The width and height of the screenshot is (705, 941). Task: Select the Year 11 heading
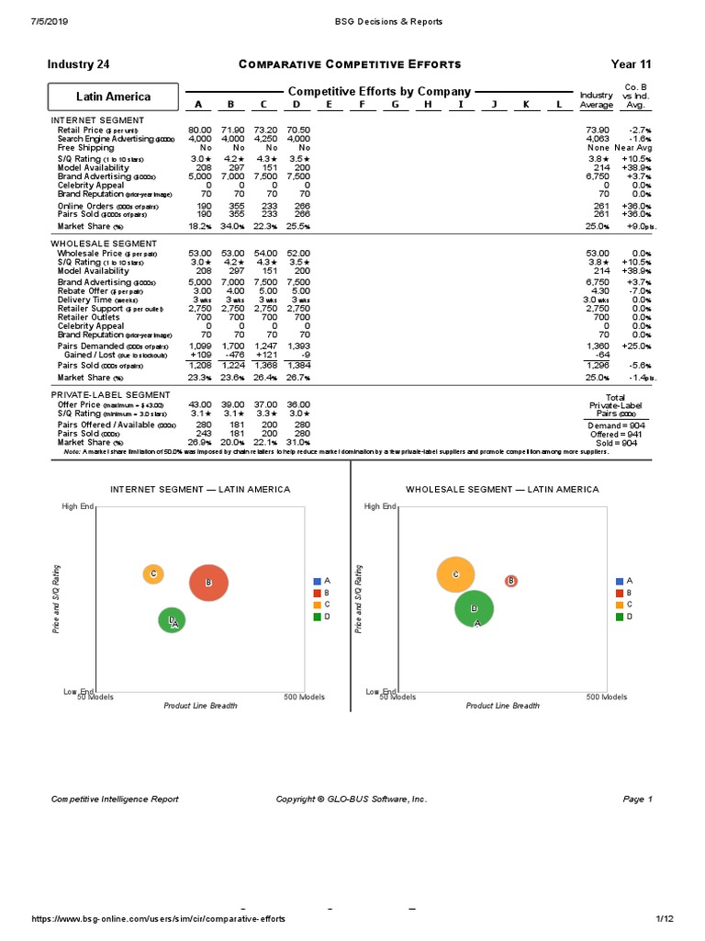631,64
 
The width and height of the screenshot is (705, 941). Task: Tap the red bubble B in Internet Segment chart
208,583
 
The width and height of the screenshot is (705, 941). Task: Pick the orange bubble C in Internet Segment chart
153,574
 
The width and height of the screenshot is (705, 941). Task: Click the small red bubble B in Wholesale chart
511,581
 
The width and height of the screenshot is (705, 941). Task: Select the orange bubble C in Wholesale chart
455,574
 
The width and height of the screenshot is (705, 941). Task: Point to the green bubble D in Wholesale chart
474,608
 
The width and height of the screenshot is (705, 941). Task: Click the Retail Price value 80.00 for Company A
199,130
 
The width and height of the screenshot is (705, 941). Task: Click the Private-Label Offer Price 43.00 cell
199,404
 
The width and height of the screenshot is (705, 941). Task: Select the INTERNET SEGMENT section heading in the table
97,120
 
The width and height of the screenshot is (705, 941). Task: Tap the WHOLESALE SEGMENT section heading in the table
103,244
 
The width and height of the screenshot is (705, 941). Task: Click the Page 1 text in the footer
637,799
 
